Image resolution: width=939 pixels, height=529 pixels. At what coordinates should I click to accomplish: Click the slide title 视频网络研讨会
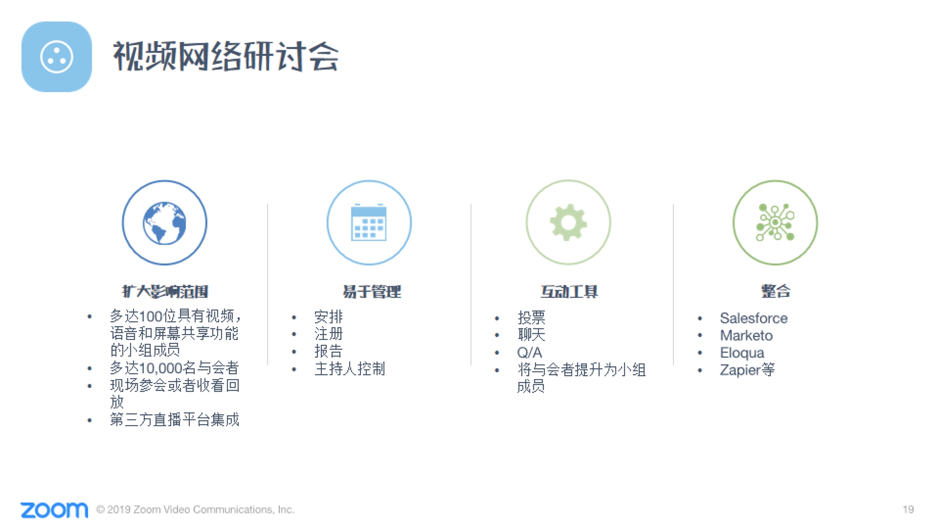226,56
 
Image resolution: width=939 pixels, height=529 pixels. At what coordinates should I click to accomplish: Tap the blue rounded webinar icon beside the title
56,56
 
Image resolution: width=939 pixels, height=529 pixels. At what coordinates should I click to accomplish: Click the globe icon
164,223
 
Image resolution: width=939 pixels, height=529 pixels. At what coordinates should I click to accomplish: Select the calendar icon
369,222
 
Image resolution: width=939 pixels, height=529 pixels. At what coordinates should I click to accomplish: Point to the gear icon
568,222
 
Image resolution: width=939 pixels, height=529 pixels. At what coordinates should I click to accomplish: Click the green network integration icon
775,222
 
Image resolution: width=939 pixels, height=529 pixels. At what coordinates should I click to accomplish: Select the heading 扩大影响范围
165,291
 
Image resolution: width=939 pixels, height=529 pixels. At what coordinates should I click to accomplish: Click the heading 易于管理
371,291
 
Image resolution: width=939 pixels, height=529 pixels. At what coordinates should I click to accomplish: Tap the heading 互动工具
569,291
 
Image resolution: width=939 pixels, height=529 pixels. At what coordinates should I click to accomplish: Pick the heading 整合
776,291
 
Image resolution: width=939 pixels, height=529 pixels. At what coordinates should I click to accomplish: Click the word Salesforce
753,318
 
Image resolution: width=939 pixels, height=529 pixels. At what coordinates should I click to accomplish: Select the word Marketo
746,335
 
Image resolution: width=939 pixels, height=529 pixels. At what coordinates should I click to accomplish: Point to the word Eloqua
742,353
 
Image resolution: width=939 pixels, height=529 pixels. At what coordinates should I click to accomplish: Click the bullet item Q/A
529,352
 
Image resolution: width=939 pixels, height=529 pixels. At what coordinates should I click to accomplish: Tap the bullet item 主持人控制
350,369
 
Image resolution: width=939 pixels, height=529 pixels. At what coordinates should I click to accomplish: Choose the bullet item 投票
531,318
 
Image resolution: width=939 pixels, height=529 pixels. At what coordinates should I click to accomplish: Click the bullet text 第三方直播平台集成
174,420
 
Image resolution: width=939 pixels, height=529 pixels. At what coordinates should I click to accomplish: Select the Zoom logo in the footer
54,510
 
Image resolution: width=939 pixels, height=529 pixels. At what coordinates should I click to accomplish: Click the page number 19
908,509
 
